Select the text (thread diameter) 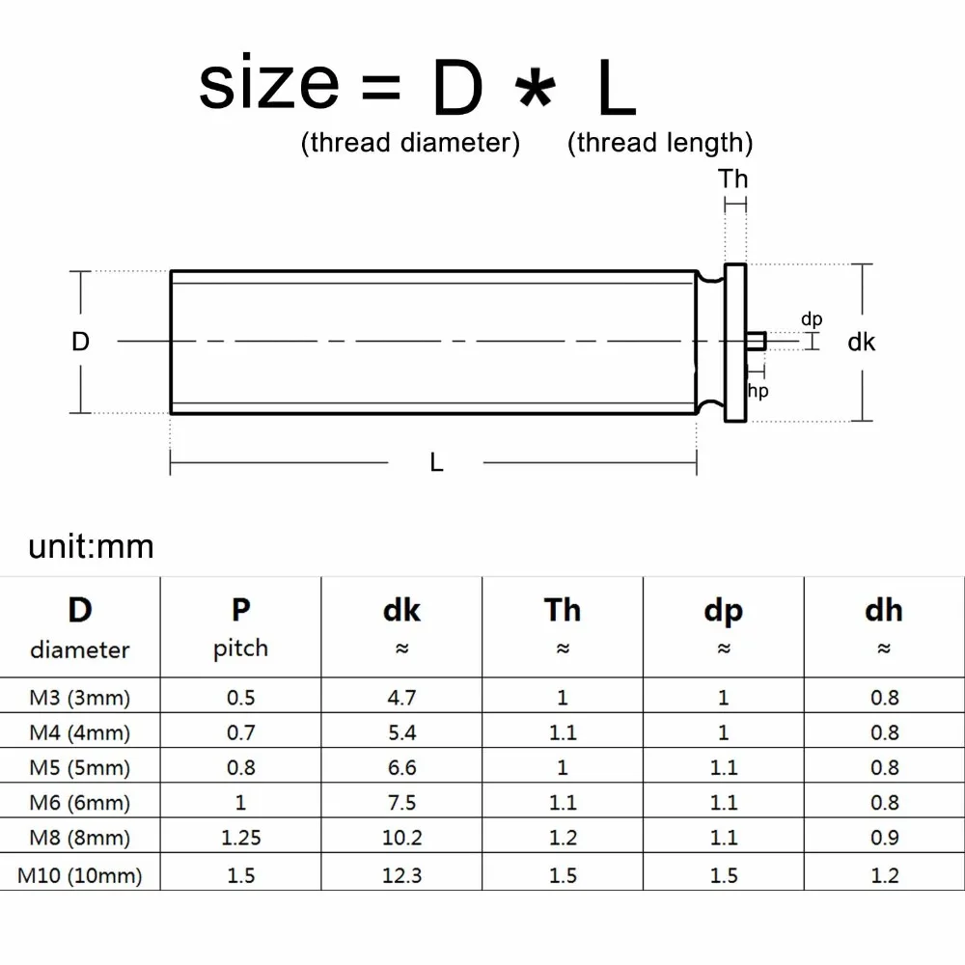coord(410,143)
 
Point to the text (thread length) coord(660,143)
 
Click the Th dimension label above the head coord(733,179)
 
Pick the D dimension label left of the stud coord(80,342)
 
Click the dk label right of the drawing coord(862,342)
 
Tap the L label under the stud coord(436,463)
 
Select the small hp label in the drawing coord(758,391)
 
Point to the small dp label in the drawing coord(812,319)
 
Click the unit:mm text coord(91,546)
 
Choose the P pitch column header coord(240,626)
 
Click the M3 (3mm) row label coord(80,698)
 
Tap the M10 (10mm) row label coord(80,875)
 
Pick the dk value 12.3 coord(401,875)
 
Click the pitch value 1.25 coord(240,838)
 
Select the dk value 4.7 coord(401,698)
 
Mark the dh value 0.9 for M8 coord(884,838)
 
